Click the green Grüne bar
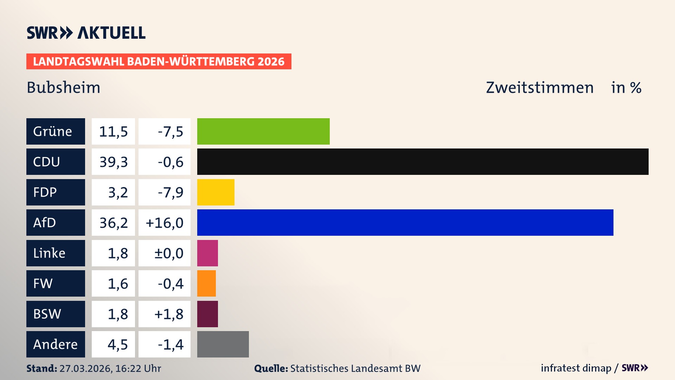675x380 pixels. pyautogui.click(x=263, y=131)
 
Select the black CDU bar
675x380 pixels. pyautogui.click(x=423, y=162)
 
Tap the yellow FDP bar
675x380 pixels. pyautogui.click(x=216, y=192)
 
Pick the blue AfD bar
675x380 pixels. pyautogui.click(x=405, y=222)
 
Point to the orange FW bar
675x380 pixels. pyautogui.click(x=206, y=283)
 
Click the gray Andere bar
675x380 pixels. pyautogui.click(x=223, y=344)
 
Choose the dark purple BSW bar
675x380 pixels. pyautogui.click(x=207, y=314)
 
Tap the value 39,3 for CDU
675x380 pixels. pyautogui.click(x=113, y=162)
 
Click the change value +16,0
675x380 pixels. pyautogui.click(x=165, y=222)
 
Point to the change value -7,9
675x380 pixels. pyautogui.click(x=170, y=192)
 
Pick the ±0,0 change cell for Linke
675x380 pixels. pyautogui.click(x=168, y=253)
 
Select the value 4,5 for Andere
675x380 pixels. pyautogui.click(x=117, y=344)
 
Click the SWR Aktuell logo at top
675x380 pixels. pyautogui.click(x=86, y=33)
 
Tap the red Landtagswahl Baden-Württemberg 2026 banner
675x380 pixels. pyautogui.click(x=159, y=62)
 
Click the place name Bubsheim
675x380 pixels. pyautogui.click(x=64, y=87)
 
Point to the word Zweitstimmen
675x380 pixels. pyautogui.click(x=540, y=87)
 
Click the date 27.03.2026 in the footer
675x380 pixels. pyautogui.click(x=85, y=368)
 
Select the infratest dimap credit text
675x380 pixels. pyautogui.click(x=576, y=368)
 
